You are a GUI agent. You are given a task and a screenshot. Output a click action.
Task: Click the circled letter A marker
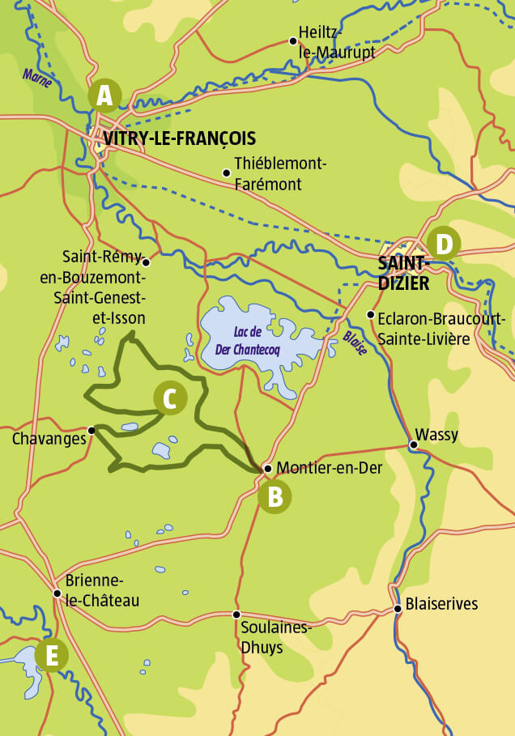[x=104, y=96]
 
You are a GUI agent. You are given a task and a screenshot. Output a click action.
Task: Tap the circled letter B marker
[x=275, y=496]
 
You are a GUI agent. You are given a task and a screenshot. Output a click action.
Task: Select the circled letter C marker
[x=170, y=398]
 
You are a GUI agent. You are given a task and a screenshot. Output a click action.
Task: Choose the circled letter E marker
[x=51, y=655]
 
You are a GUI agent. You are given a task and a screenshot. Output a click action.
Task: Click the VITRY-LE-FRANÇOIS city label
[x=179, y=138]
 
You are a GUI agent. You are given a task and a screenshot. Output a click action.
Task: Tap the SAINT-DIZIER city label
[x=403, y=273]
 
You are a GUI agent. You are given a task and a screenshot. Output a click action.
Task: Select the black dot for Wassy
[x=413, y=445]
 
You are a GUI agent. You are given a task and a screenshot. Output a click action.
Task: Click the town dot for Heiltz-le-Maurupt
[x=293, y=40]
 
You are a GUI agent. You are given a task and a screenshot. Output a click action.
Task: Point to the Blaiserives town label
[x=441, y=604]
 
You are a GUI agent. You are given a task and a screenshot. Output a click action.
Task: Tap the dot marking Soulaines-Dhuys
[x=236, y=615]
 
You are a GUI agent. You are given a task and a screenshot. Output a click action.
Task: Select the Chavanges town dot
[x=92, y=430]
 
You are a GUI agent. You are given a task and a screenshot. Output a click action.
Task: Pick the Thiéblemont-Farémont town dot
[x=226, y=172]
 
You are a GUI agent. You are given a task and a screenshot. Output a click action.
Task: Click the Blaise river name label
[x=355, y=338]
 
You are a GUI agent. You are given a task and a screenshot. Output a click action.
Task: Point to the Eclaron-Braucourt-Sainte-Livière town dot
[x=370, y=314]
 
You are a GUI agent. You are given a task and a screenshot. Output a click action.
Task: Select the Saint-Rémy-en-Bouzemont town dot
[x=145, y=262]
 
